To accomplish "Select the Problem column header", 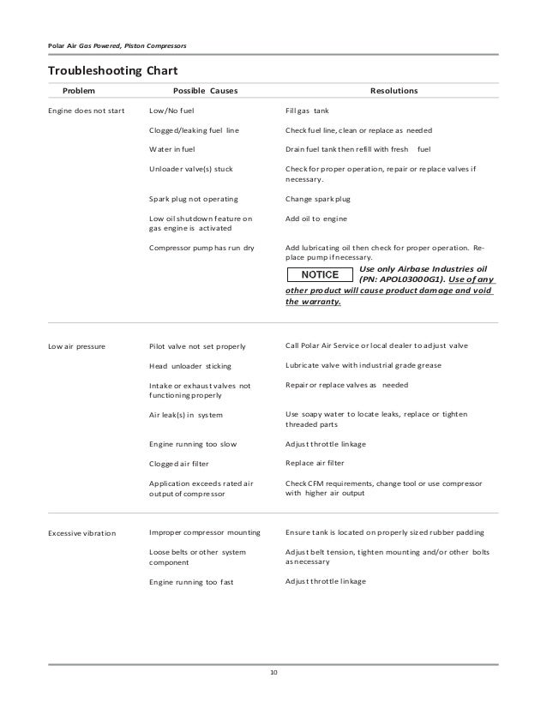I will click(78, 90).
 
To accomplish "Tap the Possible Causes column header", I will click(206, 90).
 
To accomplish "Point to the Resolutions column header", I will click(394, 90).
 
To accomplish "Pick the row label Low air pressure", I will click(77, 347).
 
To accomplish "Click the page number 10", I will click(273, 671).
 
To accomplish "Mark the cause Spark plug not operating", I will click(194, 200).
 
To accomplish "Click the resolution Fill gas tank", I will click(314, 111).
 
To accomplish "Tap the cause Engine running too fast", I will click(191, 582).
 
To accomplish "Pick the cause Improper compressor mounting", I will click(206, 533).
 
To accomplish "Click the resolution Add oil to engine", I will click(316, 219).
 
